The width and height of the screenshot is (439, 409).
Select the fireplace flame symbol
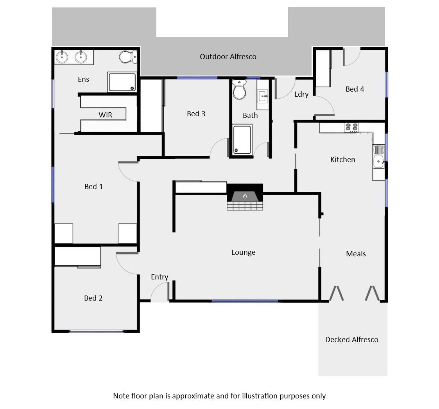tap(245, 196)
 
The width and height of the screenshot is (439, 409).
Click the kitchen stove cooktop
tap(351, 127)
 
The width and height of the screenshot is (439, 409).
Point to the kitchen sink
tap(378, 156)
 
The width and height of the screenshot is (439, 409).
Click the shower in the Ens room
tap(122, 82)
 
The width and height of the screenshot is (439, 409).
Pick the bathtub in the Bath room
tap(242, 139)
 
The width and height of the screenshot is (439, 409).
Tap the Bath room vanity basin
tap(262, 95)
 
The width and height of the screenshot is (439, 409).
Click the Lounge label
tap(243, 252)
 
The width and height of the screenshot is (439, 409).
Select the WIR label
tap(105, 115)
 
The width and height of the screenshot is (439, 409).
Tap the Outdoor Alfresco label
tap(228, 57)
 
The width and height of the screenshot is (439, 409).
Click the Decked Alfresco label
tap(351, 340)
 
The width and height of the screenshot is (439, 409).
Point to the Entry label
tap(159, 277)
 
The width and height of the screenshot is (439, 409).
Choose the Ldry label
tap(301, 94)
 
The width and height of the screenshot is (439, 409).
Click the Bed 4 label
tap(355, 89)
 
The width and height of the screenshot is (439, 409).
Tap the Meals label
tap(356, 254)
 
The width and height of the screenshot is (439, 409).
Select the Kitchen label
tap(342, 160)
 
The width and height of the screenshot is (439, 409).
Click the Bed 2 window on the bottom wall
tap(97, 332)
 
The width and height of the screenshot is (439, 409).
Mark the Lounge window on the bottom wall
tap(245, 301)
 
